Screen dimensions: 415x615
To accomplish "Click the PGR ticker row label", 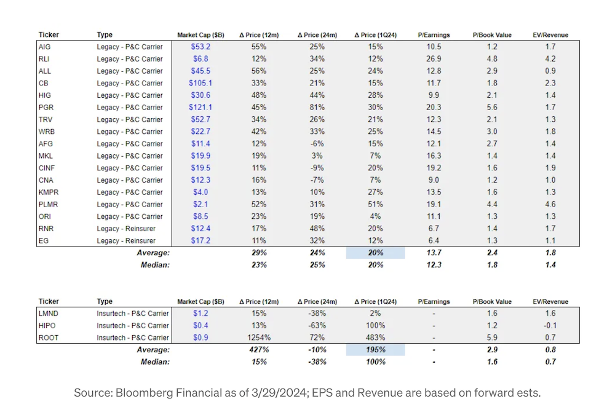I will point(45,108).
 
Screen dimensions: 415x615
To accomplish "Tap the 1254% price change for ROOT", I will point(259,338).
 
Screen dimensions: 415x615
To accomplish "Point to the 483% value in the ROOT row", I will point(375,338).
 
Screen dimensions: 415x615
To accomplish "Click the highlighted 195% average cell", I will point(375,350).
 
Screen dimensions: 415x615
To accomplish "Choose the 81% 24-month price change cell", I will point(317,108).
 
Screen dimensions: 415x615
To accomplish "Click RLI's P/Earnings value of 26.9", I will point(434,59).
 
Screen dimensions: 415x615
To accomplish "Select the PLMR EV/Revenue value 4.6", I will point(550,204).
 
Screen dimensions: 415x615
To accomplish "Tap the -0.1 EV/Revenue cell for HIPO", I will point(550,325).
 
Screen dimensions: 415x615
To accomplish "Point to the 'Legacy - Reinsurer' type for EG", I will point(126,240).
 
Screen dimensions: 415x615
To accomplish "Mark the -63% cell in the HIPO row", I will point(317,325).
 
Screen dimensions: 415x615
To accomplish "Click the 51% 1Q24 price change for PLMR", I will point(375,204).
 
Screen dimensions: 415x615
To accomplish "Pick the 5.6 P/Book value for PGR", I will point(492,108).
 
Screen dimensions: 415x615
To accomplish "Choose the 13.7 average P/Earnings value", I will point(434,253).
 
